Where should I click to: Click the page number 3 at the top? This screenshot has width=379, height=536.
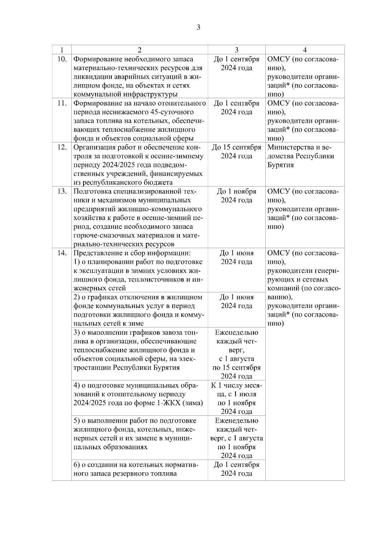[198, 27]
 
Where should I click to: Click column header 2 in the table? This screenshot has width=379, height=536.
[140, 50]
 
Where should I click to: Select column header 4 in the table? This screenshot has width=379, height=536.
[305, 50]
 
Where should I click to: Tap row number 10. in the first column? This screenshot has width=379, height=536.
[62, 59]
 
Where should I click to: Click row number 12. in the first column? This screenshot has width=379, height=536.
[62, 147]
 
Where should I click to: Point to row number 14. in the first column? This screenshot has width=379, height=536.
[62, 253]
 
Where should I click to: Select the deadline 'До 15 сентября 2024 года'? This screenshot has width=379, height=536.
[237, 152]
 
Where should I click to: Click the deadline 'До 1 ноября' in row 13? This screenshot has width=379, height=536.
[237, 192]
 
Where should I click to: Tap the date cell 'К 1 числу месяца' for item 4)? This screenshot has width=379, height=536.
[237, 390]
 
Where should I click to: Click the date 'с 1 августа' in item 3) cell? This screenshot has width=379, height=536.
[237, 359]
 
